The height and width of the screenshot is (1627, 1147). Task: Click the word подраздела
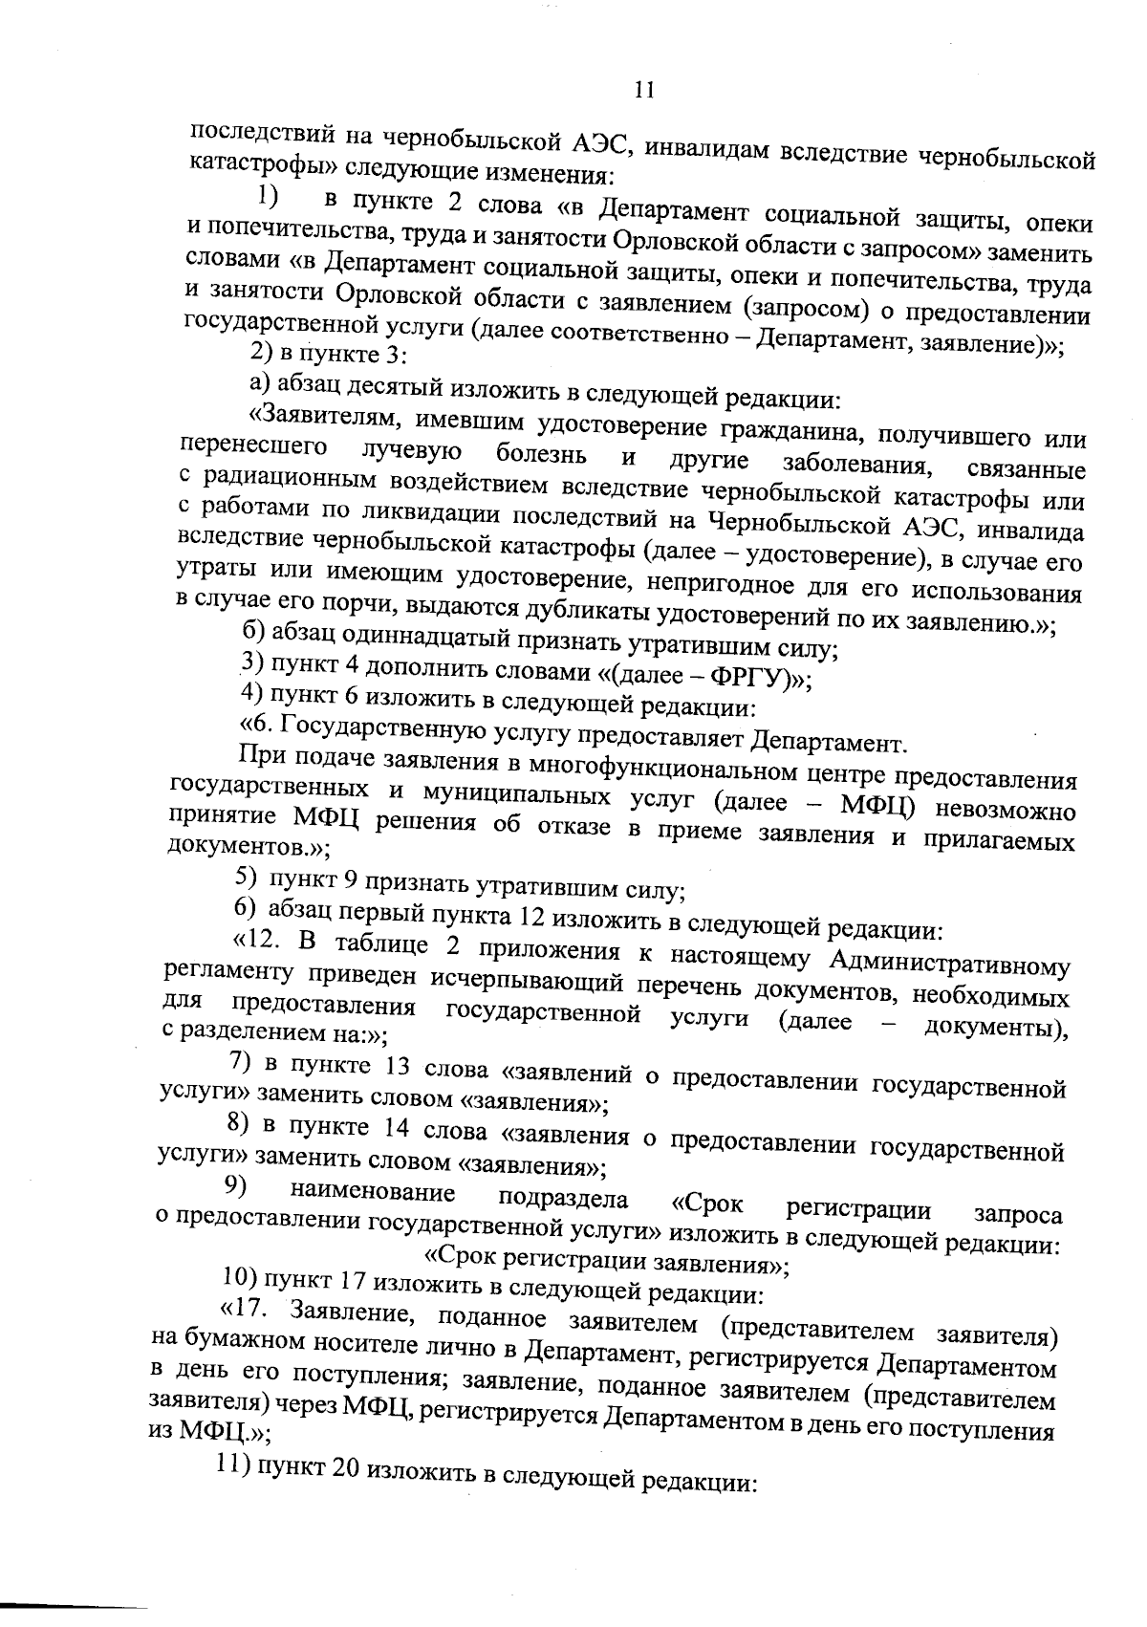pyautogui.click(x=563, y=1199)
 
